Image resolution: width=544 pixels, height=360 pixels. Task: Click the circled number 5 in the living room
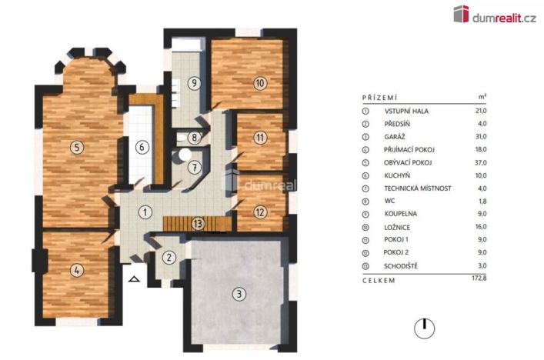pyautogui.click(x=75, y=147)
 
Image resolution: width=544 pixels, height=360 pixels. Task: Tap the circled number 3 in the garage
pyautogui.click(x=239, y=292)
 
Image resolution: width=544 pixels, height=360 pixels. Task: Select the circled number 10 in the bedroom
pyautogui.click(x=260, y=83)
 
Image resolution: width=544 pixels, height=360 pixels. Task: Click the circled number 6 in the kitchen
pyautogui.click(x=142, y=147)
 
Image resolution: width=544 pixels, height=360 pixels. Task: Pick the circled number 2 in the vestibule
pyautogui.click(x=170, y=258)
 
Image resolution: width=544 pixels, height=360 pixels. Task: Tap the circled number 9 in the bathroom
pyautogui.click(x=195, y=83)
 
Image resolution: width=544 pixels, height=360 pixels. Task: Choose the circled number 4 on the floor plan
pyautogui.click(x=75, y=270)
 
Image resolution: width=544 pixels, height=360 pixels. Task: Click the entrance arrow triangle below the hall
pyautogui.click(x=135, y=280)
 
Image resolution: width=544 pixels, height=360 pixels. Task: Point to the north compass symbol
pyautogui.click(x=422, y=328)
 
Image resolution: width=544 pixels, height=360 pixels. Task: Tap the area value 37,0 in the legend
pyautogui.click(x=482, y=162)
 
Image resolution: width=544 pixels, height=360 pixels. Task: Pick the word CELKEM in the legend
pyautogui.click(x=379, y=280)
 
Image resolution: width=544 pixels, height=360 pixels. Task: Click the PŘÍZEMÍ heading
pyautogui.click(x=379, y=98)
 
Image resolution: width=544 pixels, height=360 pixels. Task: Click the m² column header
pyautogui.click(x=482, y=98)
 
